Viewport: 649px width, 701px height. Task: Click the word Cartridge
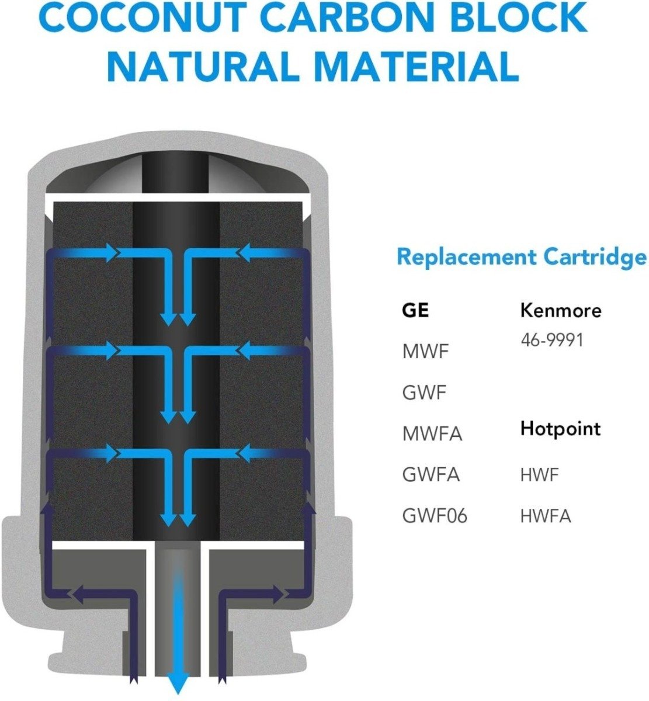595,258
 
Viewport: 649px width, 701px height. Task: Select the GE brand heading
415,310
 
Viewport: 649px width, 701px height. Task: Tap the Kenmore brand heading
561,310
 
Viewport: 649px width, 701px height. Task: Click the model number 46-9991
552,341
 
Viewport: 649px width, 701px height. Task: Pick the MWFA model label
432,434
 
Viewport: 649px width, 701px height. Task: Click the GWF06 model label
435,516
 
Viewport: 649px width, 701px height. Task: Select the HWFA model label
546,516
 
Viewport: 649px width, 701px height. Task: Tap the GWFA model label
431,475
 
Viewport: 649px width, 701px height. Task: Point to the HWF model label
540,475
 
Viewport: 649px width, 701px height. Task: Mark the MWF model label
425,352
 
